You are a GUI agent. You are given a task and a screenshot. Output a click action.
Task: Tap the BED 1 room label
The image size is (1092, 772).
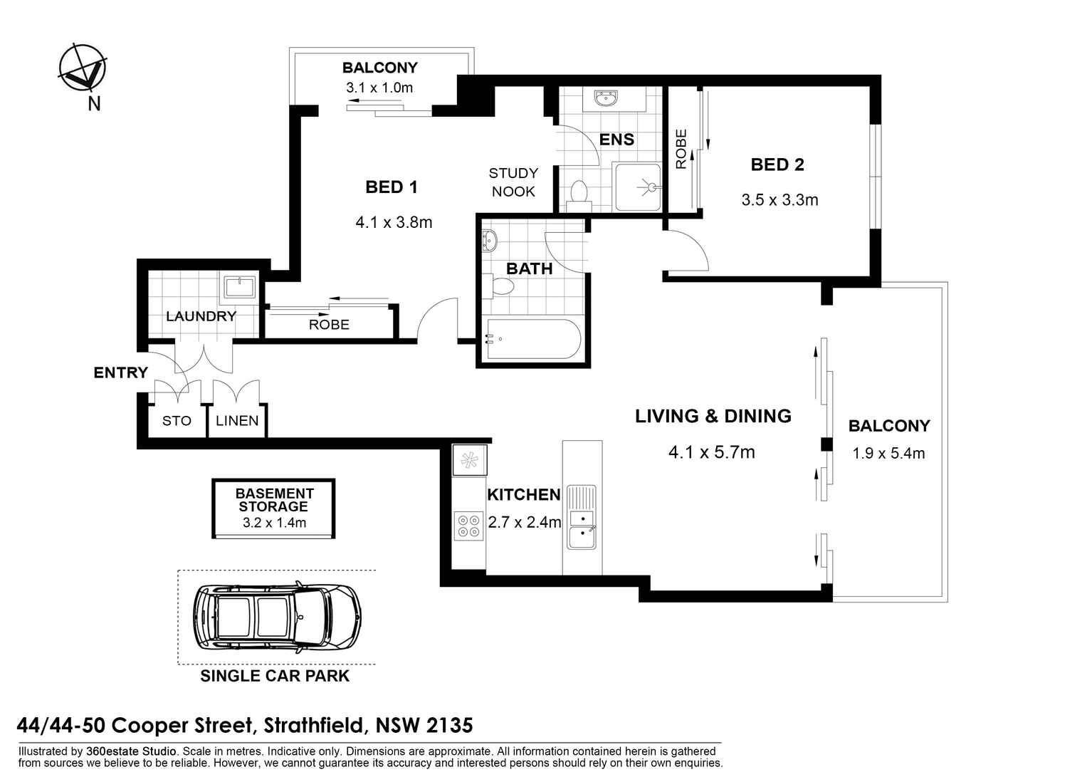[391, 187]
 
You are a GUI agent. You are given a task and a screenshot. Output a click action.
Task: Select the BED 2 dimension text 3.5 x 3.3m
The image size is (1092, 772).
[779, 200]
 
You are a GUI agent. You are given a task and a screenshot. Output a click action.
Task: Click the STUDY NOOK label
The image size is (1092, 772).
[513, 182]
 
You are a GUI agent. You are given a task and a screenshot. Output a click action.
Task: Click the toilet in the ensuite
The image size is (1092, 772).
[579, 193]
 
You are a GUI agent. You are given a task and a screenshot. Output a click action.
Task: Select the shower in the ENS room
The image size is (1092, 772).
[638, 187]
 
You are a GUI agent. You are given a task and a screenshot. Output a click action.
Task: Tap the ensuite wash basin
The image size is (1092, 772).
[606, 98]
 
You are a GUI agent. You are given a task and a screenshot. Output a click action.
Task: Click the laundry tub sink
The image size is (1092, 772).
[239, 288]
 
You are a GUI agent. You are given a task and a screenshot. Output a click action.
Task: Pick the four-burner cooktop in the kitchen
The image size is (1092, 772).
[468, 526]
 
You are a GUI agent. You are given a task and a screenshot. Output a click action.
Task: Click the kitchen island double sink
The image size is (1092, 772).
[582, 528]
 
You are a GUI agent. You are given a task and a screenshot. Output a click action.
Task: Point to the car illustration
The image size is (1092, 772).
[276, 617]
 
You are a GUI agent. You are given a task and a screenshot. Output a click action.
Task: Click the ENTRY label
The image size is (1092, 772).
[120, 372]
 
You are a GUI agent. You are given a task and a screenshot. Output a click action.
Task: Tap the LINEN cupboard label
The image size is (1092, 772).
[237, 421]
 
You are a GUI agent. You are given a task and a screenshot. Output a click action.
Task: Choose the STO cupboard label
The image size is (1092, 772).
[177, 421]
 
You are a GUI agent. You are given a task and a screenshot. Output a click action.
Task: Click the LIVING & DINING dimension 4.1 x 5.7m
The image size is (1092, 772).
[711, 452]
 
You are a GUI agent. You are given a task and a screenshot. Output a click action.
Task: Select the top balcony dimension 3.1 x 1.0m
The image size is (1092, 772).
[379, 88]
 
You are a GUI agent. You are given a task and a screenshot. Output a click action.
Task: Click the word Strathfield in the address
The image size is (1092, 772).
[315, 726]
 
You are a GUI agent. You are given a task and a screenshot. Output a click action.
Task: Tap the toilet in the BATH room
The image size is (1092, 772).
[502, 286]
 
